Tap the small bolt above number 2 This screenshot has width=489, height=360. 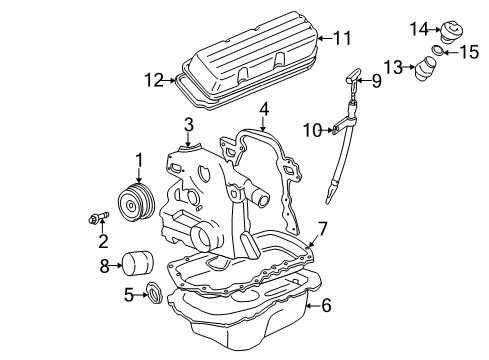pyautogui.click(x=99, y=217)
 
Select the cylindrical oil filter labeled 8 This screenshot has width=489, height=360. pyautogui.click(x=138, y=264)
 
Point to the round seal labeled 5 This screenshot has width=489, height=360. pyautogui.click(x=155, y=293)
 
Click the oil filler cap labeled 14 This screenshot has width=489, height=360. pyautogui.click(x=452, y=32)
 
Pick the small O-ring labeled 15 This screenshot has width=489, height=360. pyautogui.click(x=438, y=50)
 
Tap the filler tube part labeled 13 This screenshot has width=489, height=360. pyautogui.click(x=425, y=69)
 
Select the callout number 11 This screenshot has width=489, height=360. pyautogui.click(x=342, y=38)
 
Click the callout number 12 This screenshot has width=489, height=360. pyautogui.click(x=154, y=80)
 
